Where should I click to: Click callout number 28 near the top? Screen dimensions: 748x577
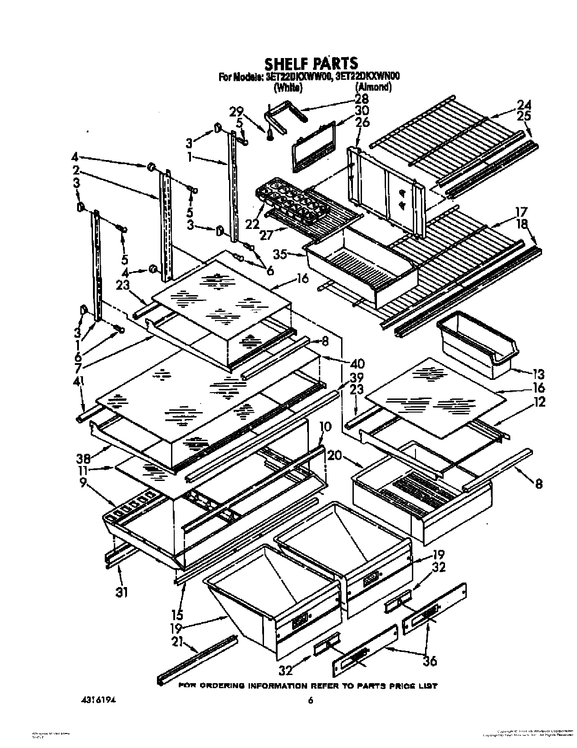click(362, 98)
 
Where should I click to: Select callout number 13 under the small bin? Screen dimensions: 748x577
click(539, 374)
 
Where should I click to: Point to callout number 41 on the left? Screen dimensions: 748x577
click(78, 395)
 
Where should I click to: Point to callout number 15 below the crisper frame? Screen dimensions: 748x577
click(177, 615)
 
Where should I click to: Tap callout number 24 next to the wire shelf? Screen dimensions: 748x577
click(524, 105)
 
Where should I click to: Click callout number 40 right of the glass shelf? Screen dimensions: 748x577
click(357, 364)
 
